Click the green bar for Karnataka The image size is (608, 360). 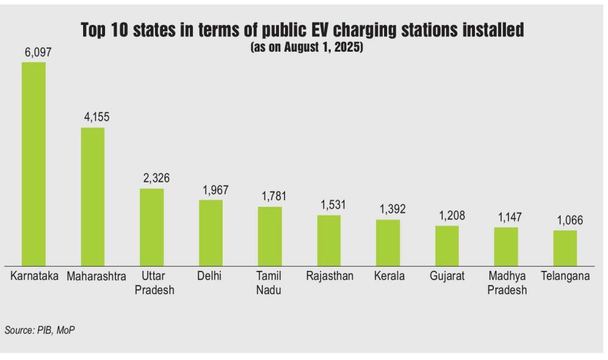34,163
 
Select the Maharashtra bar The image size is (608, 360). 93,196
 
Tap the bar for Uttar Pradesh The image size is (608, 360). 152,226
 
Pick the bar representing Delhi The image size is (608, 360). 211,232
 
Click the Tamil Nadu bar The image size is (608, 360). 270,235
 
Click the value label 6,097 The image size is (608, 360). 34,53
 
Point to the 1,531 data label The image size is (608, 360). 329,205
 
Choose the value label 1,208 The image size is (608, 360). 447,216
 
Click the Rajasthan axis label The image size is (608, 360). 330,276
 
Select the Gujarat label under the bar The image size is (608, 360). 447,276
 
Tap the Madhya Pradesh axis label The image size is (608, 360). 506,283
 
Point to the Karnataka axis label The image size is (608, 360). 34,276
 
